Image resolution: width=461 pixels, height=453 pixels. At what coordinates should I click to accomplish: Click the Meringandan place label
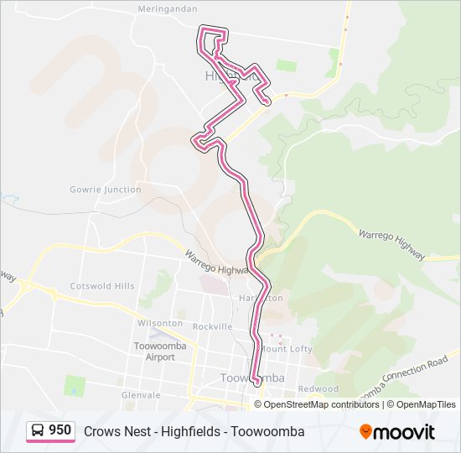(168, 8)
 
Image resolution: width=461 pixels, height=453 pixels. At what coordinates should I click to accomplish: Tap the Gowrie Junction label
(106, 190)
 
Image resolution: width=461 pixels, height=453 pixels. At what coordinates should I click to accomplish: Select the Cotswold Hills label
(102, 286)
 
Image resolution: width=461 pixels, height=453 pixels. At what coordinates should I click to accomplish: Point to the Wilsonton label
(159, 323)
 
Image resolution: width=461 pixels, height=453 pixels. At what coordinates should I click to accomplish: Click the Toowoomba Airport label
(154, 351)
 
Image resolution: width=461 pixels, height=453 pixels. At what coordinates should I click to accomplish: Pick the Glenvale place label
(141, 395)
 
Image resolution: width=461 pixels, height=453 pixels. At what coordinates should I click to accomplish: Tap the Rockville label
(212, 326)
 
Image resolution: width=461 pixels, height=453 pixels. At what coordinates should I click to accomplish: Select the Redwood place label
(318, 389)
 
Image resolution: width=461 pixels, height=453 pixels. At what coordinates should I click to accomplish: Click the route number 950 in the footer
(60, 430)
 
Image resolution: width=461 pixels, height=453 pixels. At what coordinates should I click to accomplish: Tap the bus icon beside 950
(38, 431)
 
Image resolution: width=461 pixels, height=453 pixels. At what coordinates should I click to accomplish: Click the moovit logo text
(404, 432)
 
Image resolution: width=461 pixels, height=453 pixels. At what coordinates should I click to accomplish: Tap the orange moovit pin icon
(365, 431)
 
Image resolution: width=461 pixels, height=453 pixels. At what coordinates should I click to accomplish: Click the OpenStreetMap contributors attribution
(322, 404)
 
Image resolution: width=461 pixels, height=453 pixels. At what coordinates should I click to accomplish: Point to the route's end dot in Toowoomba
(256, 384)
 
